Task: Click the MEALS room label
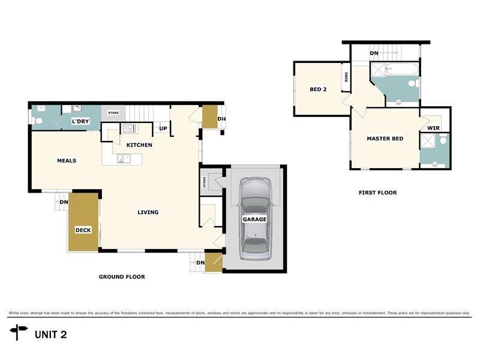[67, 160]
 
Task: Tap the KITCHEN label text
[139, 145]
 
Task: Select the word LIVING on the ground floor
[148, 212]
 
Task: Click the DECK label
[83, 230]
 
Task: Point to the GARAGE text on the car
[254, 220]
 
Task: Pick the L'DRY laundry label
[80, 122]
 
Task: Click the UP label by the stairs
[163, 128]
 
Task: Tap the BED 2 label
[318, 89]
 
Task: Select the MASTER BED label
[385, 139]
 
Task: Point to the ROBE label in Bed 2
[346, 77]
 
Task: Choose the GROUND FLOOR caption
[122, 277]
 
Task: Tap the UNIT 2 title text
[50, 334]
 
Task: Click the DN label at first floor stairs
[374, 53]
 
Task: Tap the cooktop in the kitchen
[129, 128]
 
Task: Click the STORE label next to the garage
[205, 182]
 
